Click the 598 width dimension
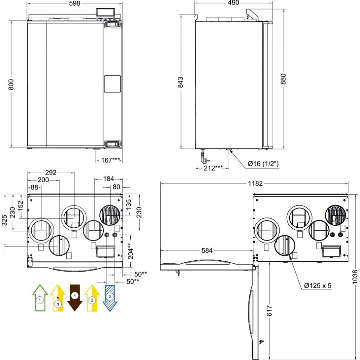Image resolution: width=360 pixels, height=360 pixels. coord(75,3)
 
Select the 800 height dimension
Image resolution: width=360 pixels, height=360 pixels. coord(11,84)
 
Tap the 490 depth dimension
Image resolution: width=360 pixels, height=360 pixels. coord(233,3)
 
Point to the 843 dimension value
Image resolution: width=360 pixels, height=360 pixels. coord(180,82)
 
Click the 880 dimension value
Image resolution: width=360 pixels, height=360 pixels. coord(283,79)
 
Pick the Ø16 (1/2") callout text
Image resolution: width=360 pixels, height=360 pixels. coord(263,164)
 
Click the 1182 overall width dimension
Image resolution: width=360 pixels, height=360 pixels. coord(255,183)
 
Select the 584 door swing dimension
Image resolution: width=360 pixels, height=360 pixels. coord(207,250)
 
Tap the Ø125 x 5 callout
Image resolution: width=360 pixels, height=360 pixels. coord(318,285)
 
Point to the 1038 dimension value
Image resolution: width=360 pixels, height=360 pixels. coord(355,277)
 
